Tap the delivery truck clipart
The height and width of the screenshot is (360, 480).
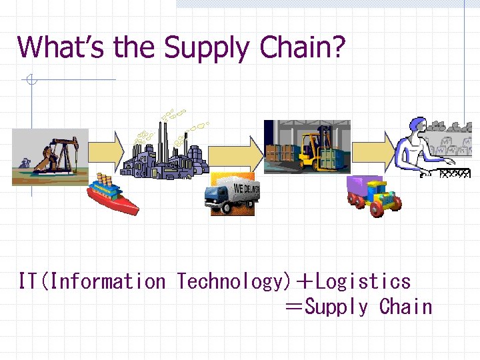pos(233,194)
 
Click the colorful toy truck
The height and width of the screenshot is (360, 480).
pos(373,195)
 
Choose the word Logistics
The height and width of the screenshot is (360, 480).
pos(363,281)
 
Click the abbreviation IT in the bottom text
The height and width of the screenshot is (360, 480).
pos(27,281)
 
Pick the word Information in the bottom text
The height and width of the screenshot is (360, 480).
pos(107,281)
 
